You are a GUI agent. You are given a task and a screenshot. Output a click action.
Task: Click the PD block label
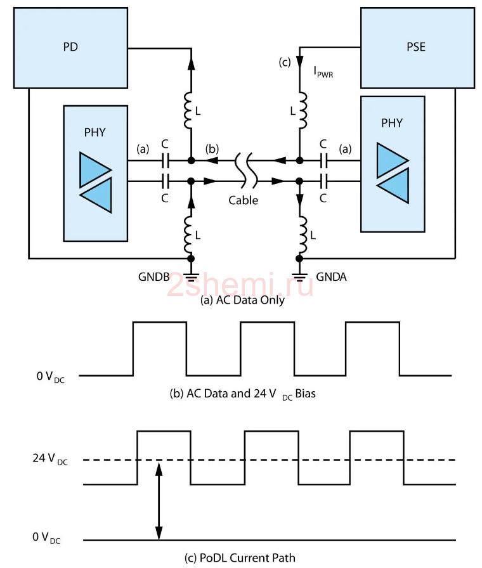point(70,47)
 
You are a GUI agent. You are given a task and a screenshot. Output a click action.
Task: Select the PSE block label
point(415,47)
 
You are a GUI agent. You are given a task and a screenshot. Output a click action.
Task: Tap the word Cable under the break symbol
point(243,200)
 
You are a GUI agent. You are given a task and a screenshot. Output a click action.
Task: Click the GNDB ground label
point(153,277)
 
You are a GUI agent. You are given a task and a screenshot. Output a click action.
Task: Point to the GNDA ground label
point(331,277)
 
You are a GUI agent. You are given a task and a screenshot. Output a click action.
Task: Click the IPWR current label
point(323,72)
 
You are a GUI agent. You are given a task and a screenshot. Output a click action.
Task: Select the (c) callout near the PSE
point(285,62)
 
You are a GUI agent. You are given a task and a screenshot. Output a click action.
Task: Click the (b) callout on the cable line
point(212,149)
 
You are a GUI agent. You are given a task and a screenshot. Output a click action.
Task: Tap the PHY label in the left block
point(94,132)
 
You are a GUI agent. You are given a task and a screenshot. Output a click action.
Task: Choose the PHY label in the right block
point(392,123)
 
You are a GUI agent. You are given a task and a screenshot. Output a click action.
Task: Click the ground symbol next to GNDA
point(299,277)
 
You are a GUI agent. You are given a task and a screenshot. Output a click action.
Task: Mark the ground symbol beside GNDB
point(191,277)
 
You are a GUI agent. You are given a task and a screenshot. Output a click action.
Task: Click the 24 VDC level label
point(50,459)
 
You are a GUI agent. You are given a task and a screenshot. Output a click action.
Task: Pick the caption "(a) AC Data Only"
point(242,300)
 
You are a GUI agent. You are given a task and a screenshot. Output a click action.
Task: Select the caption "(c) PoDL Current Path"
point(240,558)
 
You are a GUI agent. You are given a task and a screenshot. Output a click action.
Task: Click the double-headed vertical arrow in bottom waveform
point(159,500)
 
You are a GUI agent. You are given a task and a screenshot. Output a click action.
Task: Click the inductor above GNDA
point(303,235)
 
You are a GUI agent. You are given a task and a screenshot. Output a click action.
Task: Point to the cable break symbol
point(246,171)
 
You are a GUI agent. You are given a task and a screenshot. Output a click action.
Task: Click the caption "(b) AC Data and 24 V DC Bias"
point(242,394)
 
